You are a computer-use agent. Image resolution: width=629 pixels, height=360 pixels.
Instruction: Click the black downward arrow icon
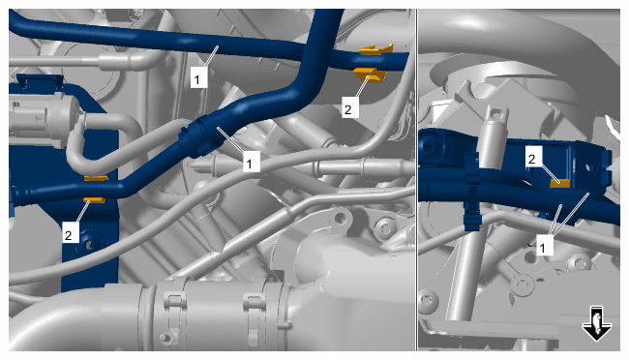[x=596, y=323]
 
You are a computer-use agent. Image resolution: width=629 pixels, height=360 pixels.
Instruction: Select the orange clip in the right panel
[x=559, y=183]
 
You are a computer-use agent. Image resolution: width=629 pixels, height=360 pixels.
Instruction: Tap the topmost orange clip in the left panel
[x=376, y=49]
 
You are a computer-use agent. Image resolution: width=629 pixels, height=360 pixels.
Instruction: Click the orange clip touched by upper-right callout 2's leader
[x=370, y=75]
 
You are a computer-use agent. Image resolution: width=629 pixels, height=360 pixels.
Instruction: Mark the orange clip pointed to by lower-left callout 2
[x=94, y=200]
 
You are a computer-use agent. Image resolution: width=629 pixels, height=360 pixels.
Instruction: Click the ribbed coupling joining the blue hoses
[x=195, y=137]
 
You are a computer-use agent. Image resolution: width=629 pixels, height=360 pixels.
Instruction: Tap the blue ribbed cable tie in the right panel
[x=472, y=193]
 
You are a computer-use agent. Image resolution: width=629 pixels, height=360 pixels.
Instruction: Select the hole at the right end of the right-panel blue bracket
[x=588, y=165]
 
